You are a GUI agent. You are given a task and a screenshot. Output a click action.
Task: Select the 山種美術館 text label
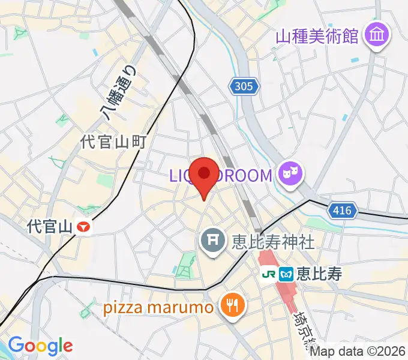click(317, 36)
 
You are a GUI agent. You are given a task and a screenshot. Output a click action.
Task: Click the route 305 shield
click(244, 87)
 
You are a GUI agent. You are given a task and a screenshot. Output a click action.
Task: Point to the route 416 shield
click(343, 210)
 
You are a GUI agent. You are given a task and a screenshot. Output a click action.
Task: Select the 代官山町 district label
click(114, 142)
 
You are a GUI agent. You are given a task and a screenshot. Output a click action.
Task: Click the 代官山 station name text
click(50, 227)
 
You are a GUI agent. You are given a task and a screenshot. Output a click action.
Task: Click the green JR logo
click(269, 274)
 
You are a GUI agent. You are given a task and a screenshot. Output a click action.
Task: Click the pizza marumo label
click(158, 308)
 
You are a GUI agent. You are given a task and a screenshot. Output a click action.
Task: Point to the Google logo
click(40, 346)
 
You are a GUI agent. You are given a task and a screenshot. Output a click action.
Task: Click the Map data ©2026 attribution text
click(358, 352)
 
